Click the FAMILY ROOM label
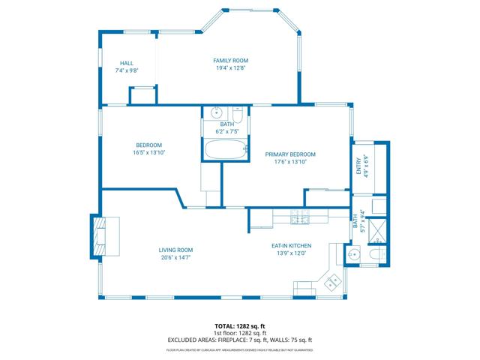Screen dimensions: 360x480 tap(230, 60)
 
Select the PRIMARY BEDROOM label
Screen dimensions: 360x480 tap(290, 154)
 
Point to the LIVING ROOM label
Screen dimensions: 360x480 tap(175, 250)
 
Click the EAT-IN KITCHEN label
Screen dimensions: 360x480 tap(291, 245)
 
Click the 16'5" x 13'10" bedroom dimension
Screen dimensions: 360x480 tap(148, 152)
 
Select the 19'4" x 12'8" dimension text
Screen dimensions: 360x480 tap(230, 67)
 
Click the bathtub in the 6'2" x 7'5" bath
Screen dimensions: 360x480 tap(226, 150)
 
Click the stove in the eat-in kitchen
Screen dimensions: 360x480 tap(301, 219)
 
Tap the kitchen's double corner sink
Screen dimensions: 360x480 tap(332, 283)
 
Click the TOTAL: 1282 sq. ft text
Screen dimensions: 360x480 tap(240, 326)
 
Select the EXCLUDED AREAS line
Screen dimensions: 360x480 tap(240, 340)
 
